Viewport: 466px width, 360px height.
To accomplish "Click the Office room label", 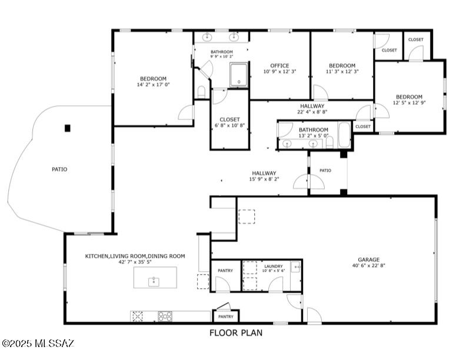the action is coord(279,66).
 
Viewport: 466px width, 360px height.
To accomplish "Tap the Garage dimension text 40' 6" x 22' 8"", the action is coord(368,265).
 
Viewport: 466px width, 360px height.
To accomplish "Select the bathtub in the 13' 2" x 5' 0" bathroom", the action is coord(344,135).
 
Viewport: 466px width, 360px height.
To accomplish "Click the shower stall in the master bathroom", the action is coord(238,75).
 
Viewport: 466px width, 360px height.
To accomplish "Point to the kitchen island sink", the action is coord(154,282).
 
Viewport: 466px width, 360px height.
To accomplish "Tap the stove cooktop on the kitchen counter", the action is coord(165,316).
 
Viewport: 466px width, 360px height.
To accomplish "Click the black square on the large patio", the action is coord(68,128).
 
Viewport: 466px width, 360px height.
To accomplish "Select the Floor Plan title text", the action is coord(236,333).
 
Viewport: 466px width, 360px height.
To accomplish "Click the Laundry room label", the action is coord(274,266).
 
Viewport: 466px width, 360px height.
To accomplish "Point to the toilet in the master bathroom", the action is coord(201,92).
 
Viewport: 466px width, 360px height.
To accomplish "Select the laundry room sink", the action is coord(296,266).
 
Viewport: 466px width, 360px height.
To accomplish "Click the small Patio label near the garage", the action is coord(325,171).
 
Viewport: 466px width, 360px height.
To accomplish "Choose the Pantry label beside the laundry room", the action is coord(225,271).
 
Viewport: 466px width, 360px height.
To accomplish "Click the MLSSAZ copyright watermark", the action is coord(38,344).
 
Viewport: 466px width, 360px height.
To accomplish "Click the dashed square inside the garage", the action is coord(247,216).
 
